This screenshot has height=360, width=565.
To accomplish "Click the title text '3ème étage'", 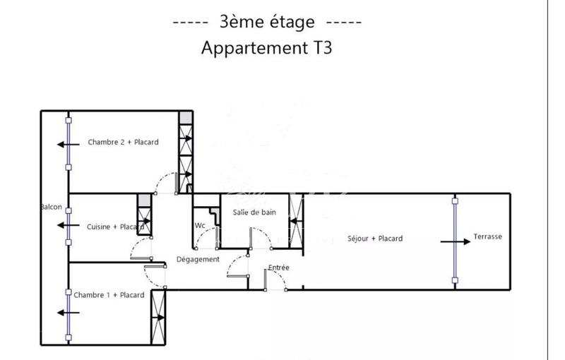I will click(267, 22).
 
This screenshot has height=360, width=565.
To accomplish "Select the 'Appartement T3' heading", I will click(266, 48).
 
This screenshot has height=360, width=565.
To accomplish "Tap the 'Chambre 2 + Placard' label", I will click(123, 142).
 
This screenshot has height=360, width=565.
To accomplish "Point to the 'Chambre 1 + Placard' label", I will click(109, 295).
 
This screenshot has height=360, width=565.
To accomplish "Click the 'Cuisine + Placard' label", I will click(115, 227).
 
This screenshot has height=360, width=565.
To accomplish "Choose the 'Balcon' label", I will click(52, 208).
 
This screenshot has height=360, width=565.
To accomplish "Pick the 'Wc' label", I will click(200, 226).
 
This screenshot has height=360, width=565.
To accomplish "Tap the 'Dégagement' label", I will click(198, 259).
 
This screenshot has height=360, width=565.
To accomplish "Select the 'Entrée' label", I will click(278, 268).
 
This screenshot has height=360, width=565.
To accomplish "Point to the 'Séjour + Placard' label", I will click(375, 239).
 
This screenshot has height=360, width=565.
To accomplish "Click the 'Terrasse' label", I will click(487, 236).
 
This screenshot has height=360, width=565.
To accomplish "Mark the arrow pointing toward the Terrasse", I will click(453, 241).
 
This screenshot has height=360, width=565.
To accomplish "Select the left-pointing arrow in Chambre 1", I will click(68, 312).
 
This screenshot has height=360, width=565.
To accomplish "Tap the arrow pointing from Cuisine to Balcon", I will click(68, 226).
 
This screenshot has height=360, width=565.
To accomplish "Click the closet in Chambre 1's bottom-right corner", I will click(158, 318).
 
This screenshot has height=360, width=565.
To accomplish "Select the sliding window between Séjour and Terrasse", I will click(455, 241).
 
